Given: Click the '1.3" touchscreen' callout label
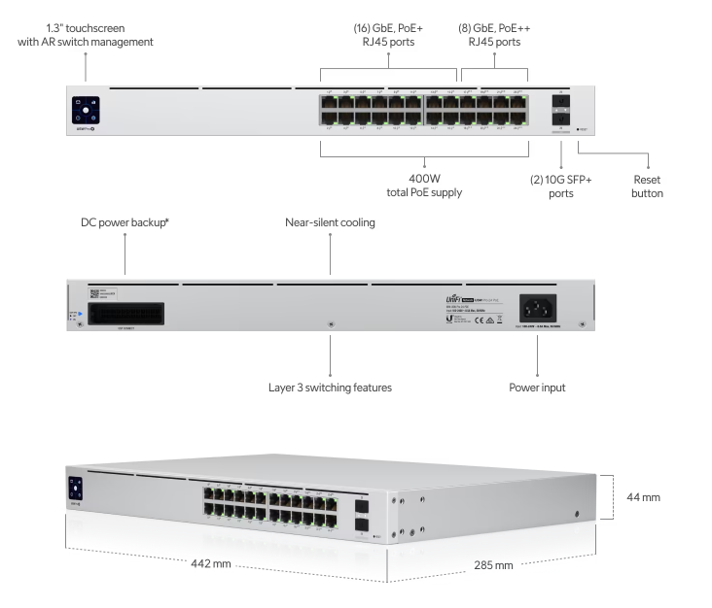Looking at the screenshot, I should (x=85, y=35).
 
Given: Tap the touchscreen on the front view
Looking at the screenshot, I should (x=85, y=108).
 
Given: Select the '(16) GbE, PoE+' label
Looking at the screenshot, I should (x=388, y=35).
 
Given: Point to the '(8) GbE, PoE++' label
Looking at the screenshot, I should (x=494, y=35).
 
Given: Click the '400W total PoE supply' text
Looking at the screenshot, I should (x=423, y=186).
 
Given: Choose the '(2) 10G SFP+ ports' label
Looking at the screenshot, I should (x=561, y=186).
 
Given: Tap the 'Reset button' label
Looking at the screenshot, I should (x=646, y=186).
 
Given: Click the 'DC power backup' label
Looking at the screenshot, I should (x=126, y=223).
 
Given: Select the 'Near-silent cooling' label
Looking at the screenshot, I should (x=330, y=223).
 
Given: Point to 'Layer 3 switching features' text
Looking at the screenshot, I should (x=331, y=388).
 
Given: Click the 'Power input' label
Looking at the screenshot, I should (x=538, y=388).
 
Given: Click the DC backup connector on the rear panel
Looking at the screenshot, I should (x=125, y=314).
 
